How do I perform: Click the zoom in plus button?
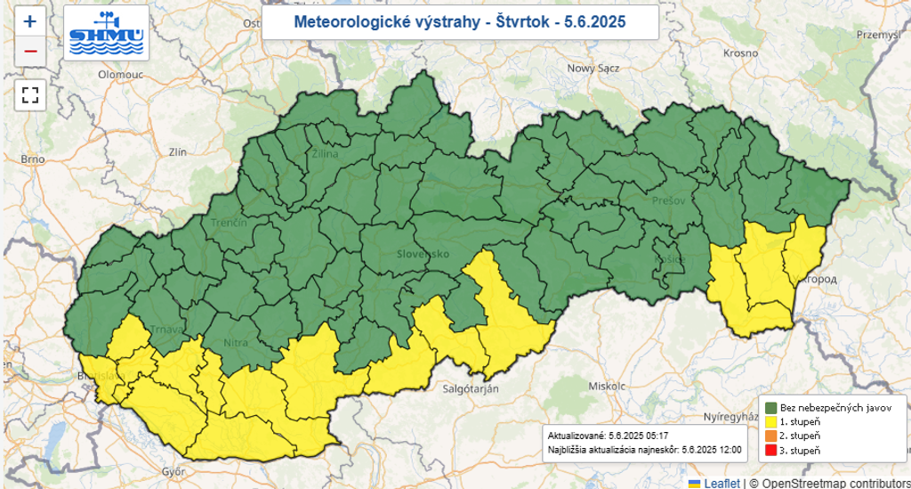tap(30, 21)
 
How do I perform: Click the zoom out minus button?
tap(30, 51)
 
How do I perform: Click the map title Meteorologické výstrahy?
tap(459, 21)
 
